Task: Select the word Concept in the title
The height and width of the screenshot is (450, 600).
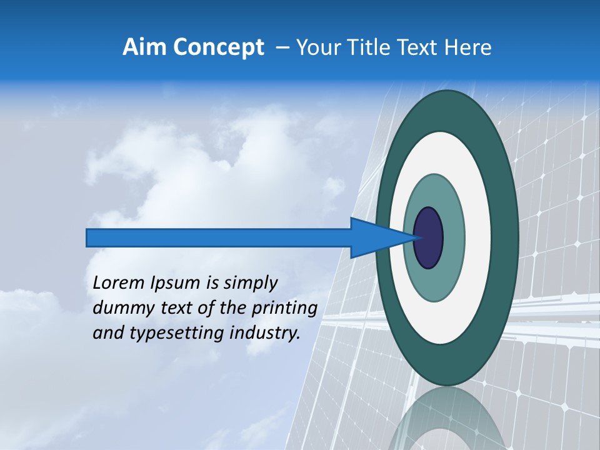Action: (x=218, y=47)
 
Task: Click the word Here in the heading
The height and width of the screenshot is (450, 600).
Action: (x=468, y=47)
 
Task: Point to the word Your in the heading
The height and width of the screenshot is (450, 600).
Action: (x=319, y=47)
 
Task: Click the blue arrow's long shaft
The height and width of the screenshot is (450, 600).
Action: (x=219, y=238)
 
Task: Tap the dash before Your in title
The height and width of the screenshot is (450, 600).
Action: (x=282, y=47)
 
